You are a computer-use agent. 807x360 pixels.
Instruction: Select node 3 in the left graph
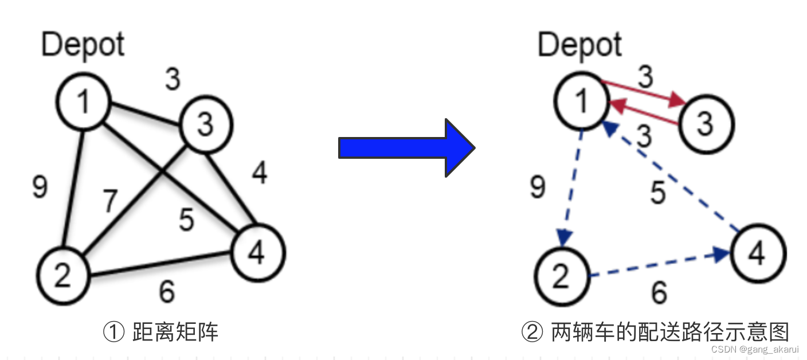(206, 124)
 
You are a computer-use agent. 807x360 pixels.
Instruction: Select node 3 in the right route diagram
(705, 123)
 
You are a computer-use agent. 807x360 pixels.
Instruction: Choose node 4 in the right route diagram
(757, 253)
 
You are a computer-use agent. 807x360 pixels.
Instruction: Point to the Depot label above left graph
(83, 45)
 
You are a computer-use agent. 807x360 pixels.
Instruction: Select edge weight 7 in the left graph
(111, 201)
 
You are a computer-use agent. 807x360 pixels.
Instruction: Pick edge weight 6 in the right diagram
(660, 293)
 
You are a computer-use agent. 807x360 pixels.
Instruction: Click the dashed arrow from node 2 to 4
(659, 265)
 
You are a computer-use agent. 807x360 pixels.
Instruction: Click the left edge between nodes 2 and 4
(160, 267)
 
